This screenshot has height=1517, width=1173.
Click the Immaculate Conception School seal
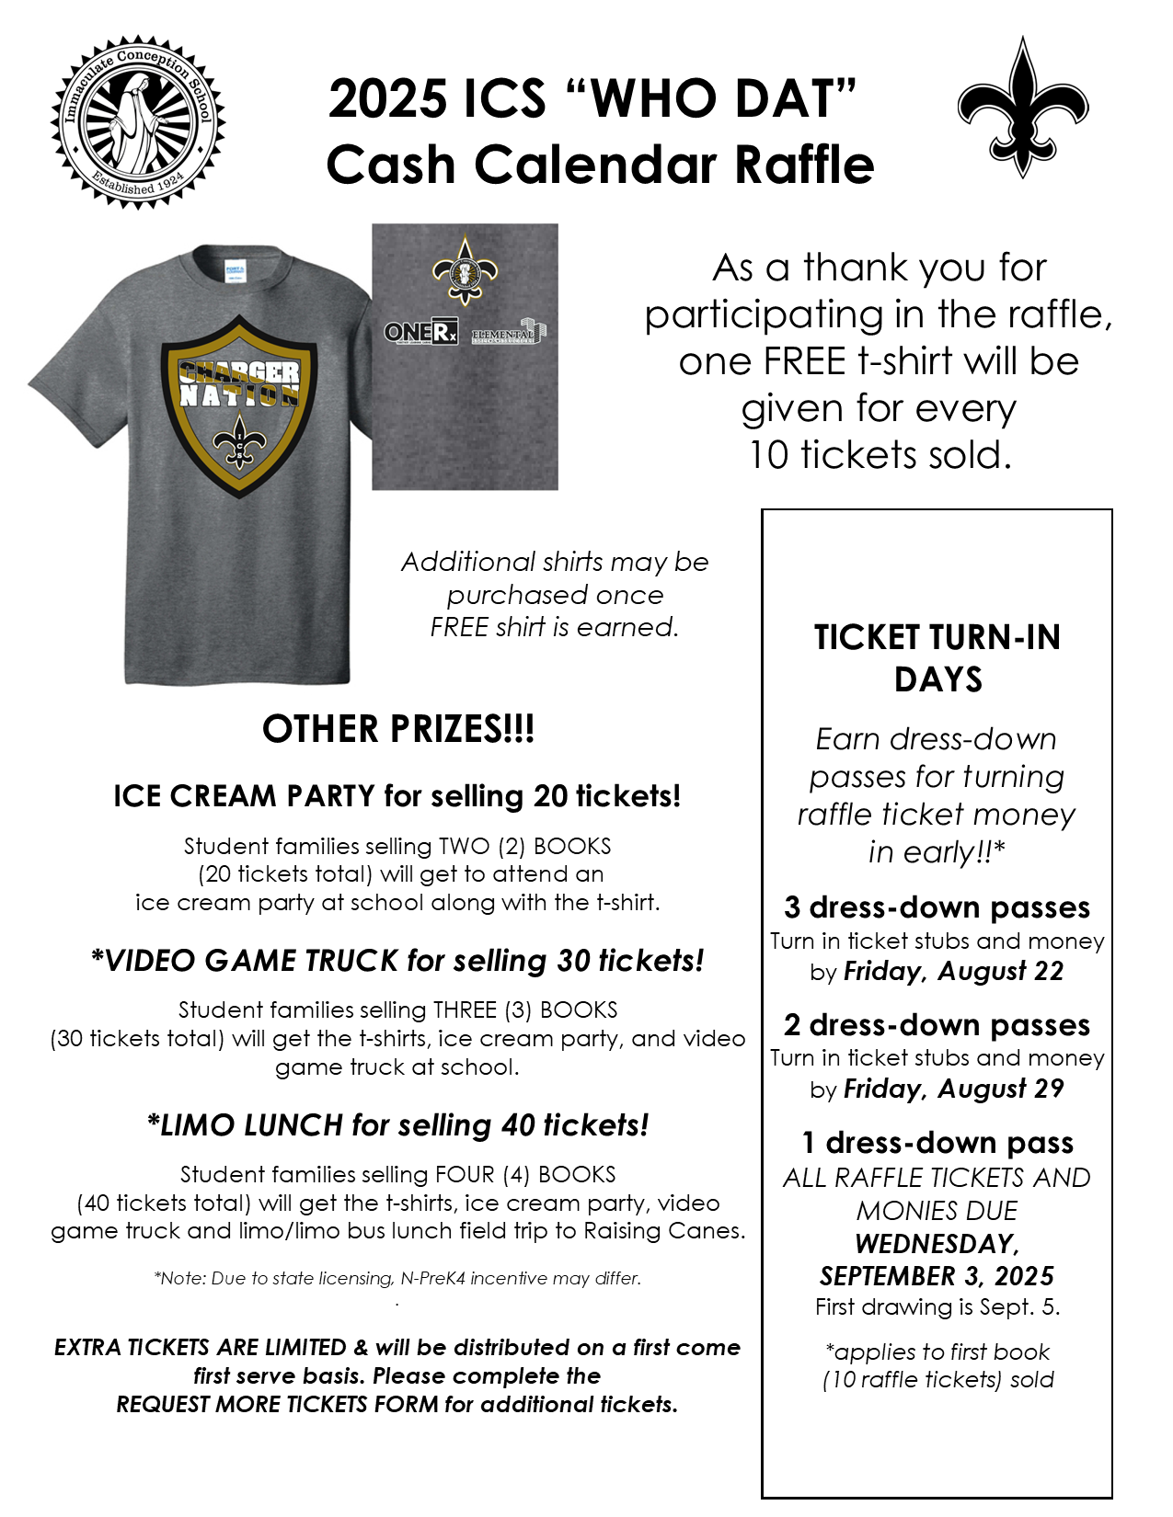coord(138,122)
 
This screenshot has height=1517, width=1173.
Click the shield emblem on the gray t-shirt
coord(239,405)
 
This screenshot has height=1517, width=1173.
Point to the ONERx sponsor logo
coord(420,332)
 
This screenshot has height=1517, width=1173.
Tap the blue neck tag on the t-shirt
coord(234,271)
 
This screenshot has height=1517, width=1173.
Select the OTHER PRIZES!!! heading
coord(397,729)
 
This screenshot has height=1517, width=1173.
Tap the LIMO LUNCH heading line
coord(397,1125)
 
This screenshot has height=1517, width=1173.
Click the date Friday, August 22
coord(953,972)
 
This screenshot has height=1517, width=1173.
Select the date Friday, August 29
coord(953,1089)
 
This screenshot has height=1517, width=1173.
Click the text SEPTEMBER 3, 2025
coord(937,1276)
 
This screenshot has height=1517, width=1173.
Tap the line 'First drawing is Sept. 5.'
coord(937,1307)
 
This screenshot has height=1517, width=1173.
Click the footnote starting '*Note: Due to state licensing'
coord(397,1278)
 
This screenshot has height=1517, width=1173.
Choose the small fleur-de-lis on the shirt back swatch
coord(465,270)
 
